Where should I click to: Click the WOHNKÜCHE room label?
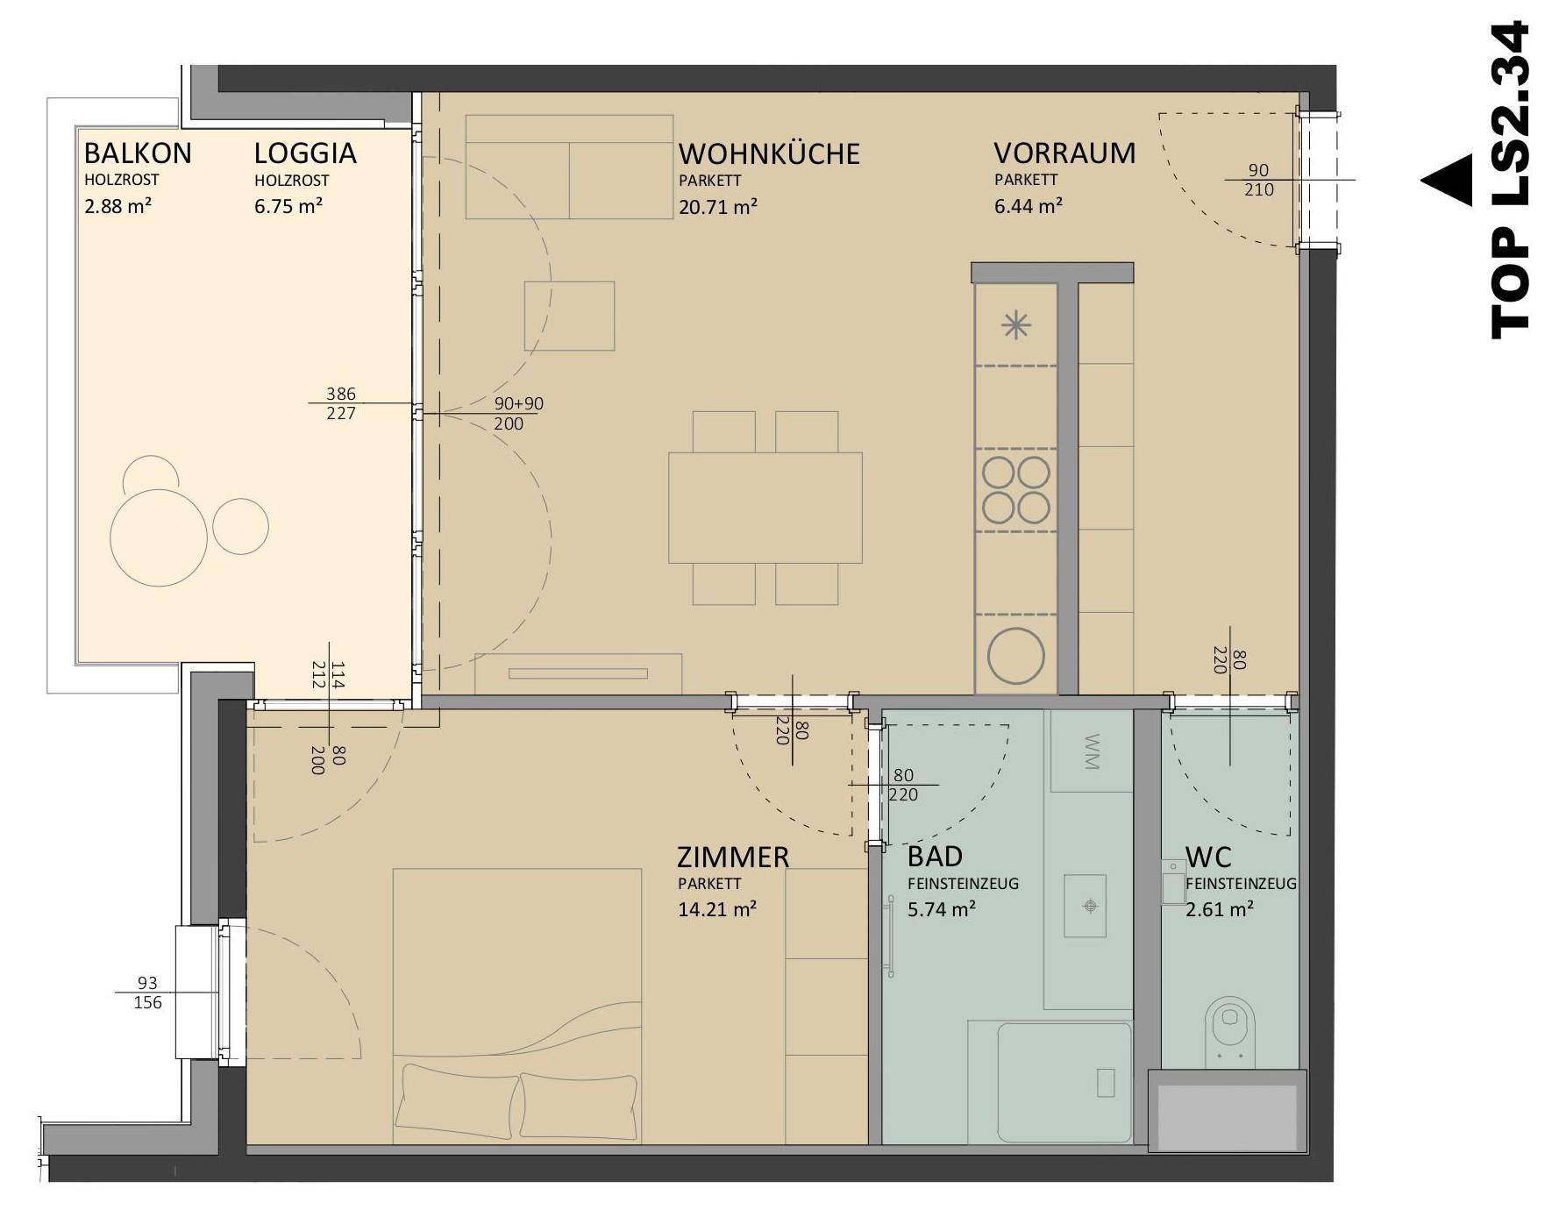point(769,153)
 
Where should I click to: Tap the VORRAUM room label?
point(1064,153)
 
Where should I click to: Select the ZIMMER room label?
point(733,857)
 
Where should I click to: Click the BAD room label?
point(935,856)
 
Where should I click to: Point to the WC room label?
point(1208,856)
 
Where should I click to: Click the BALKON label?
point(138,153)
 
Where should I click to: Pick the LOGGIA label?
point(305,153)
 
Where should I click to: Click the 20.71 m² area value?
point(718,207)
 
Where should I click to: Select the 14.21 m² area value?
point(717,909)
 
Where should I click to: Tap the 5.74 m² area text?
point(942,909)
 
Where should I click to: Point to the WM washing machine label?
point(1092,751)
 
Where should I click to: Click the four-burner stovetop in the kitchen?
point(1016,490)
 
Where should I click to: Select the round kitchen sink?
point(1016,657)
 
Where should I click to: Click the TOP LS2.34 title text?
point(1510,181)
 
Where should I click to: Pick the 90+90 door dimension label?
point(519,404)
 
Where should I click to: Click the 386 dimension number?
point(341,394)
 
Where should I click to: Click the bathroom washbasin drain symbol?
point(1090,906)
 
